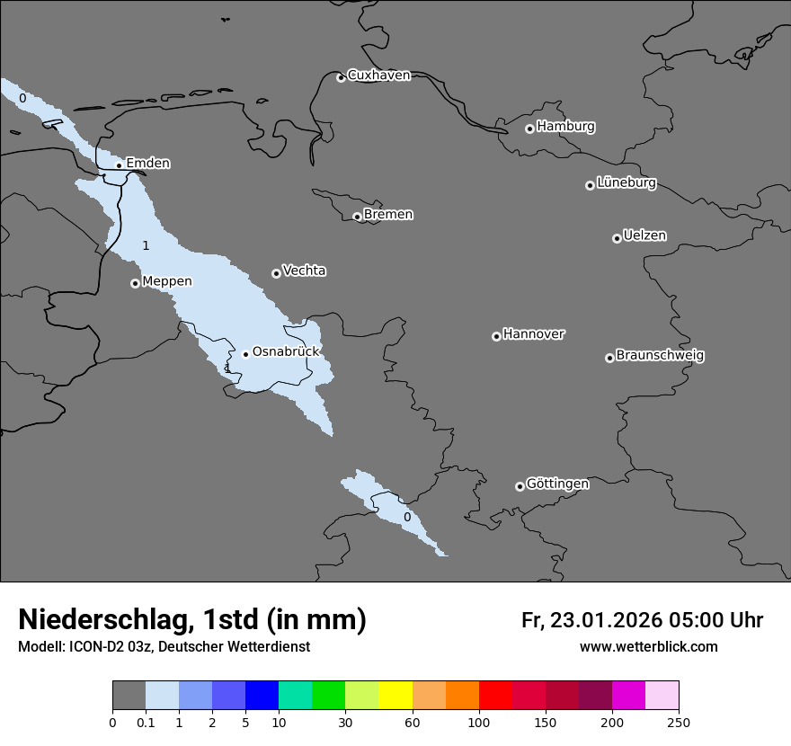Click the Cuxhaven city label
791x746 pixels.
(x=378, y=75)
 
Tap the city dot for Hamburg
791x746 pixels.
(x=529, y=129)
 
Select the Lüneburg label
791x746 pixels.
(x=627, y=183)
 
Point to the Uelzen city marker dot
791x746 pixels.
(x=617, y=238)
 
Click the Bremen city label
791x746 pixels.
(x=388, y=215)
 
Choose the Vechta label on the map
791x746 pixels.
(x=305, y=271)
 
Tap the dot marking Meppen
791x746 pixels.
(x=135, y=283)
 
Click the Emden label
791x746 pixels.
(x=148, y=164)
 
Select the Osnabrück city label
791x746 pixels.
(x=286, y=352)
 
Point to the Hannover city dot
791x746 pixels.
(x=496, y=336)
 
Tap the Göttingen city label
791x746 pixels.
(x=557, y=484)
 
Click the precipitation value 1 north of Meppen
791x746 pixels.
(x=146, y=245)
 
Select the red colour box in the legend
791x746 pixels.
(x=495, y=696)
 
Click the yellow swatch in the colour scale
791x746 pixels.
(x=395, y=696)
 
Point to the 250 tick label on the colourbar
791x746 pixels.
(x=679, y=722)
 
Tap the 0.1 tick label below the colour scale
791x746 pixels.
(x=146, y=722)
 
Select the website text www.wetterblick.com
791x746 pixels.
(x=648, y=647)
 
